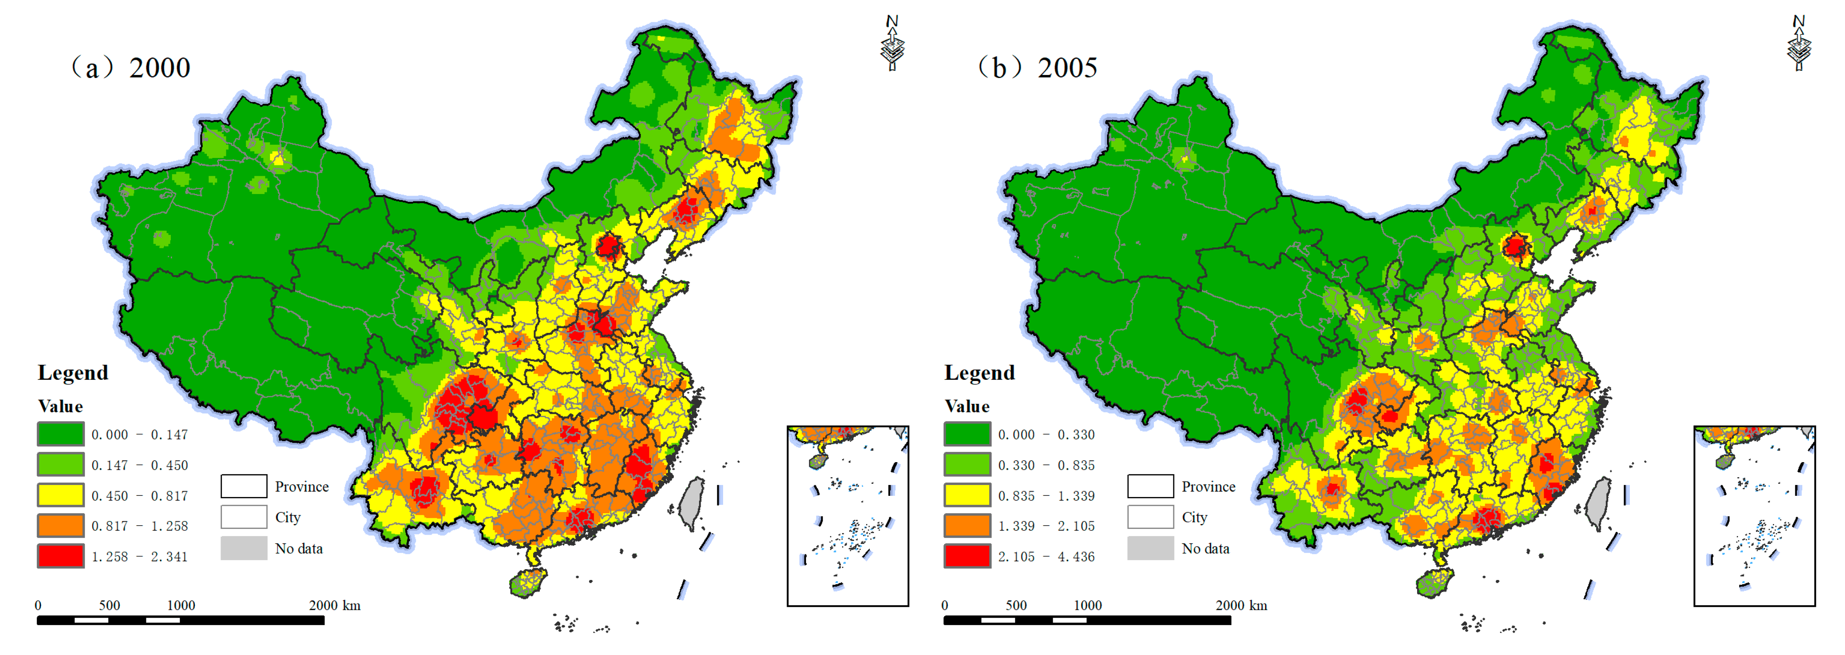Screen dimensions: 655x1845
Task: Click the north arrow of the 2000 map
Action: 892,44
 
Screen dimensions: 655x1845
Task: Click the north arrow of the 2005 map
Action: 1799,44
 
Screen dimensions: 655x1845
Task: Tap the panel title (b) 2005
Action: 1037,68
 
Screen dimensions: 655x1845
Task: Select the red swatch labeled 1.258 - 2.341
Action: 61,556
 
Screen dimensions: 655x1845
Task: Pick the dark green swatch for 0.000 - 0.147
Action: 61,434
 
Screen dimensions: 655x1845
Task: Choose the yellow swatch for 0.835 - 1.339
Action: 968,495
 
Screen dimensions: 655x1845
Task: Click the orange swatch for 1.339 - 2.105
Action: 968,525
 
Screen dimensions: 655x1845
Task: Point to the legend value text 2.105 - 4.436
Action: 1046,557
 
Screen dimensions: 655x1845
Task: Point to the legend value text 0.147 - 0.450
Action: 140,465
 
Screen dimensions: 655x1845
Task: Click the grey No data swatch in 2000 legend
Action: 243,548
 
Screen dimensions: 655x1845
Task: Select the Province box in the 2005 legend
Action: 1150,486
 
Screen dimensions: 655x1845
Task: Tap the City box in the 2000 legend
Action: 243,517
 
